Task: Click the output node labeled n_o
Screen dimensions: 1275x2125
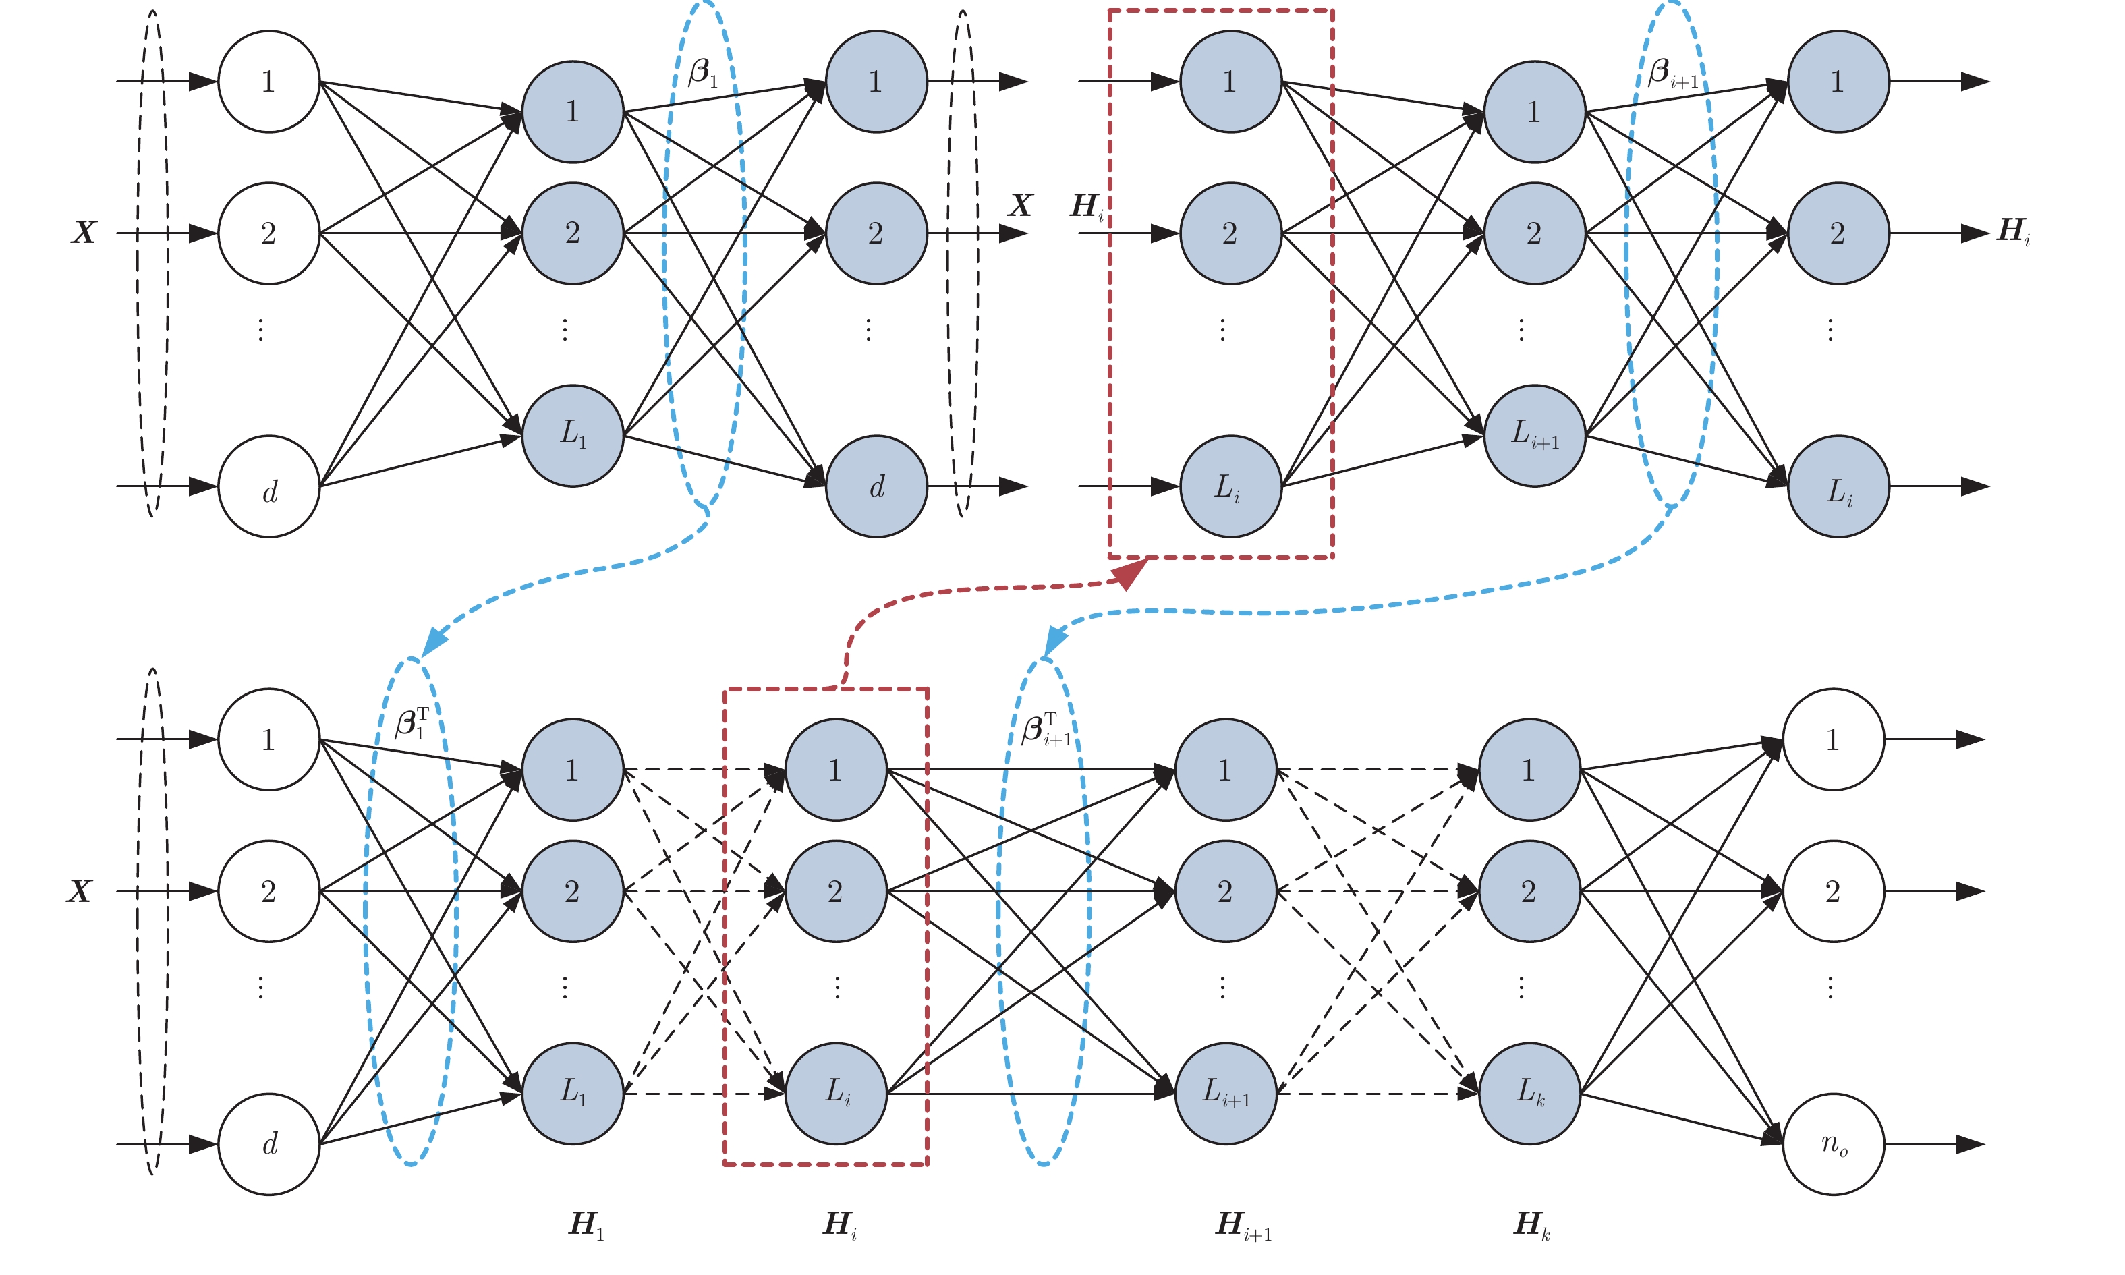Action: (1833, 1143)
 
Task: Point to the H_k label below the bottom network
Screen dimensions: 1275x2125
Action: (1531, 1224)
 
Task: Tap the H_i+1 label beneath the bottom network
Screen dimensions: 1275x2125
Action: (1242, 1224)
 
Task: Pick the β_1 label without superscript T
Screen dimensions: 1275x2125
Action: (703, 73)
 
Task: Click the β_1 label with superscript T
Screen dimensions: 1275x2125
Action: (412, 723)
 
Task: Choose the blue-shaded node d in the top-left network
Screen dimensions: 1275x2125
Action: (876, 486)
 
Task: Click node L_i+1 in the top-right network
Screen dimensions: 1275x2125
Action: (1534, 436)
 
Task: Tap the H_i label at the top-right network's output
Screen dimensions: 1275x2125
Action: (2013, 231)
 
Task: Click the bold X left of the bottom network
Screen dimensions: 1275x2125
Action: (79, 891)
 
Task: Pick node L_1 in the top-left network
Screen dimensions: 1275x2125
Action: (572, 436)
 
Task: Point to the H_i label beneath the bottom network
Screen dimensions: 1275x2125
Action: (839, 1224)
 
